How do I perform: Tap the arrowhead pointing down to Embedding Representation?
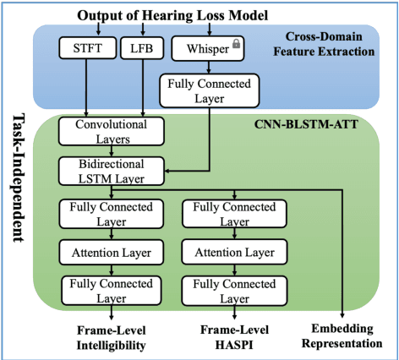pyautogui.click(x=342, y=313)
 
